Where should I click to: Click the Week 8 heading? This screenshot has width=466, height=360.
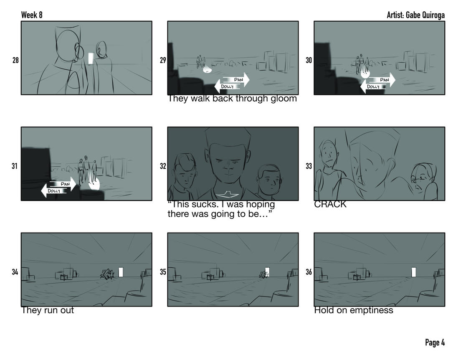32,15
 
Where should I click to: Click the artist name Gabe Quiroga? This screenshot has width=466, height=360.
425,15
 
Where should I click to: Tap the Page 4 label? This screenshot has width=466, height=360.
435,342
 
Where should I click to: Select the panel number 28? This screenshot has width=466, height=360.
15,60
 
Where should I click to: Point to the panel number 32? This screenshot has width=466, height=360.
163,166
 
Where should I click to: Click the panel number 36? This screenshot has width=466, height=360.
309,272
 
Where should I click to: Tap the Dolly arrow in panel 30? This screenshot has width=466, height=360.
373,87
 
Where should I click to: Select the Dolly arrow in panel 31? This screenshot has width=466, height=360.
54,191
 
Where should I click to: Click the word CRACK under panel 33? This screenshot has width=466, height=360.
330,204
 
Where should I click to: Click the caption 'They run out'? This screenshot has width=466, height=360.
48,310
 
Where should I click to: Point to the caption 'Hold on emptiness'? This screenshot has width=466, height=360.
354,310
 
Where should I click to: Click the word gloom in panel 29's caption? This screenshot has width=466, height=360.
284,99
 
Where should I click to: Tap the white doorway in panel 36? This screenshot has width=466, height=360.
414,272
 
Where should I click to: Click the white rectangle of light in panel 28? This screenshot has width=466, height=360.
91,58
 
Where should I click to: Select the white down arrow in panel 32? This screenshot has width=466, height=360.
227,195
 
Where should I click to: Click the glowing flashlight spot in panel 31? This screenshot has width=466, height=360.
94,185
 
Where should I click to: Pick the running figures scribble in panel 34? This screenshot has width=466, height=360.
107,274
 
